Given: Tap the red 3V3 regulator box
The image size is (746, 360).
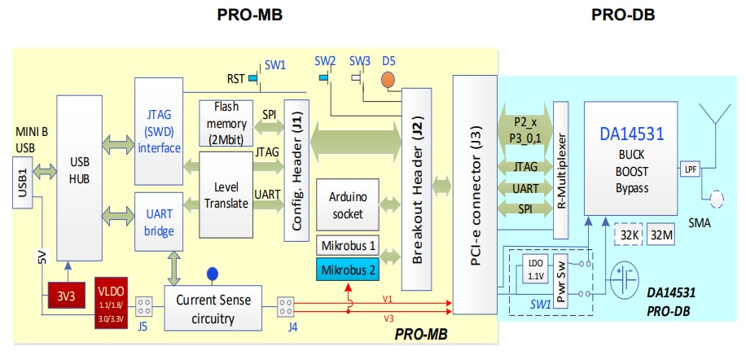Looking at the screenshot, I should tap(64, 294).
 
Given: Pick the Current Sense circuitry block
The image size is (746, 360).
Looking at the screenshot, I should tap(213, 307).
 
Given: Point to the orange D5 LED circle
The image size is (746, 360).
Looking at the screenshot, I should tap(388, 81).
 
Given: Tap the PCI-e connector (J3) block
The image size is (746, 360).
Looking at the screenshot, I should tap(472, 195).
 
